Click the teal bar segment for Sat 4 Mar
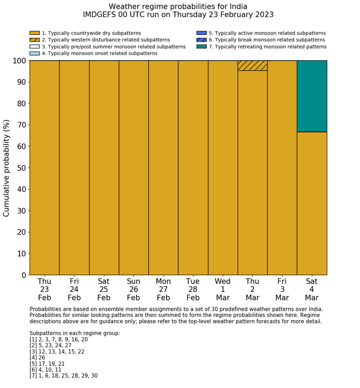pyautogui.click(x=312, y=96)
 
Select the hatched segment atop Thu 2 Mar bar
pyautogui.click(x=253, y=65)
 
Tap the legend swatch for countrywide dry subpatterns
pyautogui.click(x=34, y=33)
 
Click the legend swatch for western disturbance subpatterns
pyautogui.click(x=34, y=40)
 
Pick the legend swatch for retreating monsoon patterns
pyautogui.click(x=201, y=46)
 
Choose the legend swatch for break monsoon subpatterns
pyautogui.click(x=201, y=40)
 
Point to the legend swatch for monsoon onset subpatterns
pyautogui.click(x=34, y=53)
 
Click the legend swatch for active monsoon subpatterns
pyautogui.click(x=201, y=33)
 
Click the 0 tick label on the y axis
pyautogui.click(x=24, y=275)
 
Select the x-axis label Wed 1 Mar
pyautogui.click(x=223, y=289)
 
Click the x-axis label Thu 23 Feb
pyautogui.click(x=44, y=289)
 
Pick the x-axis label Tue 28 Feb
pyautogui.click(x=193, y=289)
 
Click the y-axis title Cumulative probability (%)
pyautogui.click(x=7, y=168)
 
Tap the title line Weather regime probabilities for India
pyautogui.click(x=178, y=7)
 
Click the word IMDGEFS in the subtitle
pyautogui.click(x=100, y=15)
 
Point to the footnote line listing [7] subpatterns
pyautogui.click(x=63, y=376)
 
